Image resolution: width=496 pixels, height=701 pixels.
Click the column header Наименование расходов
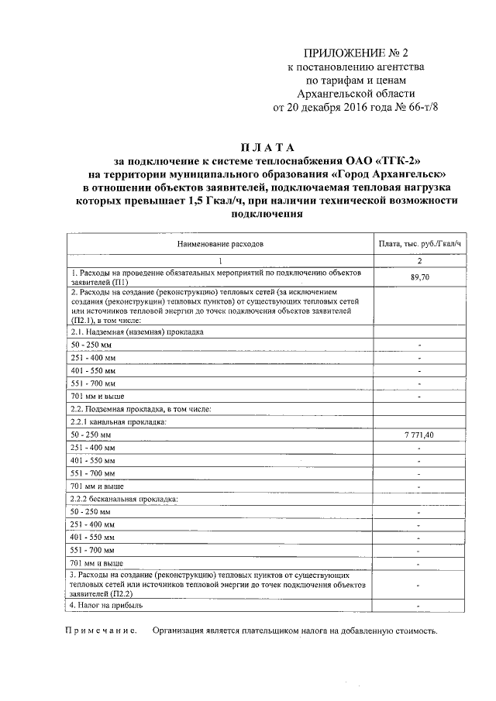220,243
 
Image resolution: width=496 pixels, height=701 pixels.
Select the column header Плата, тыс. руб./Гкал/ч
419,243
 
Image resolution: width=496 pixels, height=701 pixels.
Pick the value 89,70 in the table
419,277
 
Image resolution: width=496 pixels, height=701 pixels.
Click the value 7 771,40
419,435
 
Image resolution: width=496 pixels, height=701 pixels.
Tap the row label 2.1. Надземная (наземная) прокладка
136,331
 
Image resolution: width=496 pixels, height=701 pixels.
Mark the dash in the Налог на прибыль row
418,605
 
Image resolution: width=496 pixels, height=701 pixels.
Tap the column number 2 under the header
419,261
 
